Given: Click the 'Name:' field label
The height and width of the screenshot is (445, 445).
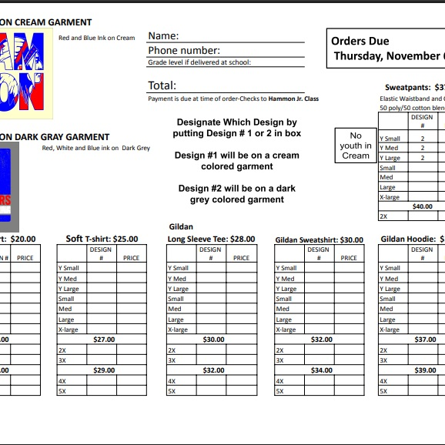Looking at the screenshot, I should coord(163,36).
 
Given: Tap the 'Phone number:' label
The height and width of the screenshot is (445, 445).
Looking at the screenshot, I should coord(184,51).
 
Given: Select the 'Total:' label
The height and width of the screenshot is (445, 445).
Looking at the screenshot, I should coord(162,85).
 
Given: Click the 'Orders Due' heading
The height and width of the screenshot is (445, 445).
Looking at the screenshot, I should coord(360,42).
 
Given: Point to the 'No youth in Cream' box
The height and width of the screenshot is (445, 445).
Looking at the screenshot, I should coord(356,146).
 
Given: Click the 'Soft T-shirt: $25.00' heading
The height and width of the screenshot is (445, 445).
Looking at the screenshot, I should coord(102,239).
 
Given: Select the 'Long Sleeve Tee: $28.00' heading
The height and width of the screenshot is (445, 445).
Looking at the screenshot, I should coord(211,239).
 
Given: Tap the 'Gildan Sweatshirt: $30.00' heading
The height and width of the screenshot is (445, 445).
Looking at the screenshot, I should coord(319,240).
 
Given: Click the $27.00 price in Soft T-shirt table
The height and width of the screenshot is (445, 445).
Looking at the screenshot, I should coord(104,340).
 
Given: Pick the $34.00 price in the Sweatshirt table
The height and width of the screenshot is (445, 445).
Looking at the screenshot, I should coord(321,370).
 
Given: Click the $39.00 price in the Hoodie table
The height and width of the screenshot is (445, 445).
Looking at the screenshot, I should coord(425,370).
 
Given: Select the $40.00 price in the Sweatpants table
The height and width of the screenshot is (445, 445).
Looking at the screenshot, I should coord(423,206).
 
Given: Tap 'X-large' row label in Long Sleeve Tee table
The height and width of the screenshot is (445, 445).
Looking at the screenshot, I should coord(178,330).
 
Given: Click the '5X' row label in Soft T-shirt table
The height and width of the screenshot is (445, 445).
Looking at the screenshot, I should coord(62,391).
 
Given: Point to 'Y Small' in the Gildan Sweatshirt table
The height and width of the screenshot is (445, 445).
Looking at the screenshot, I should coord(286,269).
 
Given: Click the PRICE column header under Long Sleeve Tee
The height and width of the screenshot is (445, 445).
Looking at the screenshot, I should coord(241,258).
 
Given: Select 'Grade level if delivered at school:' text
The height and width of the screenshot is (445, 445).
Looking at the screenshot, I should coord(199,62).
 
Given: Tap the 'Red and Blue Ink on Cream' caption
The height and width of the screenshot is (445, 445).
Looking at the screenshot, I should coord(96,38).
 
